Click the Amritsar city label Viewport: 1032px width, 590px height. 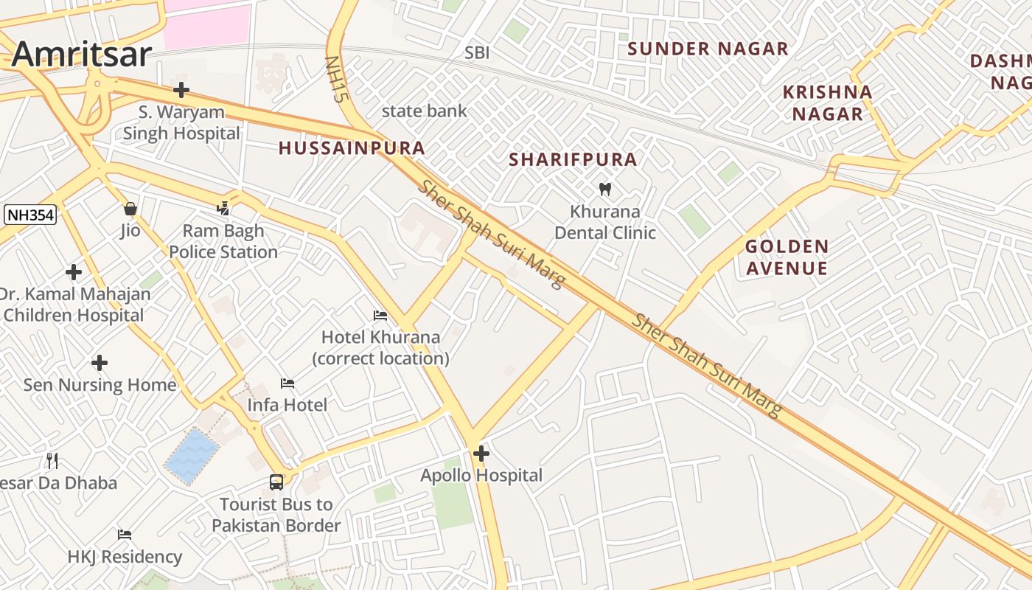(82, 55)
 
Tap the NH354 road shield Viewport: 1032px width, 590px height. (30, 215)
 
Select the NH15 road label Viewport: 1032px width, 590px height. (336, 79)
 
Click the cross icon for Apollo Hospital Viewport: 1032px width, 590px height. (481, 454)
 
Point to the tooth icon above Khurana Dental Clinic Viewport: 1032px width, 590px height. (605, 189)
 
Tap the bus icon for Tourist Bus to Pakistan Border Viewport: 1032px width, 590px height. (276, 482)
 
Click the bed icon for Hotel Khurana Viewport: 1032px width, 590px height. (380, 316)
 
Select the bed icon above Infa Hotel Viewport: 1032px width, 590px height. (287, 383)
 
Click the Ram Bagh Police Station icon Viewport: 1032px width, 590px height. (223, 209)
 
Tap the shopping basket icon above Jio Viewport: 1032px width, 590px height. (130, 209)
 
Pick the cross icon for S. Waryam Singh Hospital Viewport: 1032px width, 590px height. (181, 90)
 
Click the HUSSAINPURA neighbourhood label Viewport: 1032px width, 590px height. (352, 148)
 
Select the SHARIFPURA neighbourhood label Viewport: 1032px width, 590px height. (573, 160)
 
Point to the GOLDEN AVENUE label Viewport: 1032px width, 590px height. (787, 257)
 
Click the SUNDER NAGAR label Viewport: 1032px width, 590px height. (708, 49)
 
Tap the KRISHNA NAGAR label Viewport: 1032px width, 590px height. (827, 103)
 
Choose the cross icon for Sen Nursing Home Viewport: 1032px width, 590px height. (100, 363)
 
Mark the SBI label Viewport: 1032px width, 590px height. (477, 53)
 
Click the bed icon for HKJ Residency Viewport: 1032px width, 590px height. (125, 535)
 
